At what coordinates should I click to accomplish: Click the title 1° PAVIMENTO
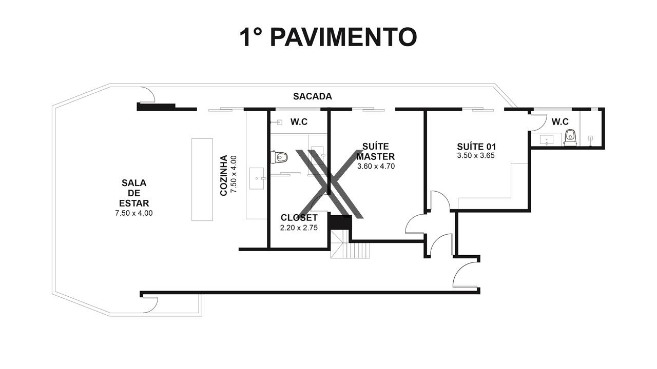tap(328, 37)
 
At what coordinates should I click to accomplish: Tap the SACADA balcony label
tap(313, 96)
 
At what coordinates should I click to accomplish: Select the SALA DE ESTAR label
tap(134, 193)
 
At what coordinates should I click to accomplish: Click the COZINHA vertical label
tap(224, 175)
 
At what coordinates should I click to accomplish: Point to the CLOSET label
tap(299, 218)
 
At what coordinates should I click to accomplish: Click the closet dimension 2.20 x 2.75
tap(299, 228)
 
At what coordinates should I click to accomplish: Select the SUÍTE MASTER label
tap(376, 151)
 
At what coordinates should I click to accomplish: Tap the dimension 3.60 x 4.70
tap(376, 167)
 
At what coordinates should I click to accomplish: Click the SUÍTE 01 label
tap(476, 147)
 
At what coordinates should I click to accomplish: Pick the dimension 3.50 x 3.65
tap(476, 155)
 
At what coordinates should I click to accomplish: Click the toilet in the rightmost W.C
tap(570, 137)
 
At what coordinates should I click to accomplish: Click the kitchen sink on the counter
tap(257, 179)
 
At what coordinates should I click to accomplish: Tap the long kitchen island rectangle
tap(202, 179)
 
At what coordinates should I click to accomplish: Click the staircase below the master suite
tap(350, 244)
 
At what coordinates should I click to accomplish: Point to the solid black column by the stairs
tap(340, 222)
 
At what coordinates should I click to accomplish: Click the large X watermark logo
tap(330, 184)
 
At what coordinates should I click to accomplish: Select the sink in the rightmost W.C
tap(547, 140)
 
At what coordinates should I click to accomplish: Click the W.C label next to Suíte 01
tap(560, 122)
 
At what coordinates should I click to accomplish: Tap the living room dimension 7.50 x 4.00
tap(134, 213)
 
